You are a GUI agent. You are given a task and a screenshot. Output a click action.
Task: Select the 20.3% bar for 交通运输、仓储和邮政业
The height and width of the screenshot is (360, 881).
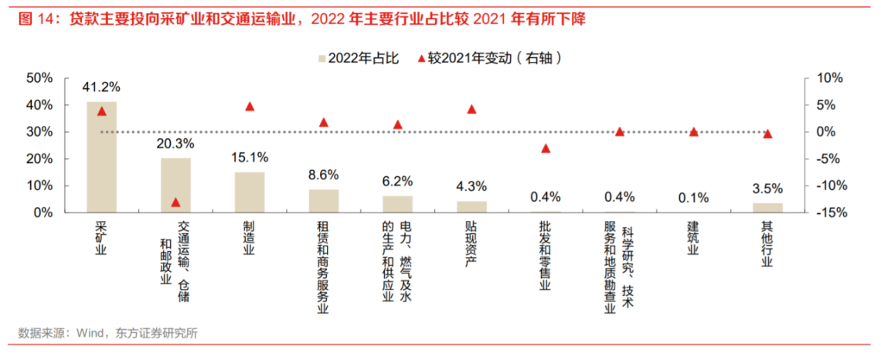[175, 185]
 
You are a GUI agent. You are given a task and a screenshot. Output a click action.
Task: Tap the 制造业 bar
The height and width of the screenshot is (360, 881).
[250, 192]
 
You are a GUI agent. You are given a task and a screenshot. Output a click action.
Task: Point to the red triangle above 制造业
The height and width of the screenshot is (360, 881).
[250, 106]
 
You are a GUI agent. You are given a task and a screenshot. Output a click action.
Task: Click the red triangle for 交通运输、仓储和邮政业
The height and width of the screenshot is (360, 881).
[175, 202]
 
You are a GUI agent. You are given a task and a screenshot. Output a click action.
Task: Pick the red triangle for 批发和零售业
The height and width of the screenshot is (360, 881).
[546, 148]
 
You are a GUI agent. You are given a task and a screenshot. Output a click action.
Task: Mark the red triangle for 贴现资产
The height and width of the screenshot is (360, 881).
[471, 109]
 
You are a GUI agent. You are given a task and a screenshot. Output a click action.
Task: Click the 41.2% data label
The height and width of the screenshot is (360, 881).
[102, 87]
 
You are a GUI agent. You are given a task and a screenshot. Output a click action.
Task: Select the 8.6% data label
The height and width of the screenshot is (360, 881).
[324, 175]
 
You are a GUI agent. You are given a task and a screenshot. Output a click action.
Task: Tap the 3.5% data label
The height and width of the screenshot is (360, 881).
[767, 188]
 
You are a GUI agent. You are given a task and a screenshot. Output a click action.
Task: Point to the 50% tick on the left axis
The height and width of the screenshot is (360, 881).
[39, 78]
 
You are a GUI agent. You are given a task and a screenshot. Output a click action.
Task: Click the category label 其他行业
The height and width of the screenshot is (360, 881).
[767, 243]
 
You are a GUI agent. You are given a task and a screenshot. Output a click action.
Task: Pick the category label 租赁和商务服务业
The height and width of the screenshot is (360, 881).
[324, 267]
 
